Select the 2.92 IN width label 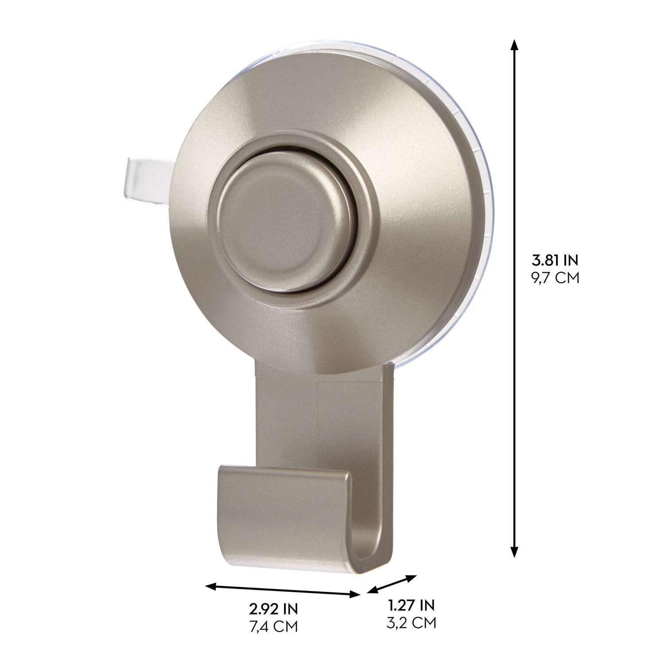point(273,609)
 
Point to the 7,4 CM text point(273,626)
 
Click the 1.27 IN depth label point(411,605)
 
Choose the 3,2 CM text point(411,622)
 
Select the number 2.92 point(264,609)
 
